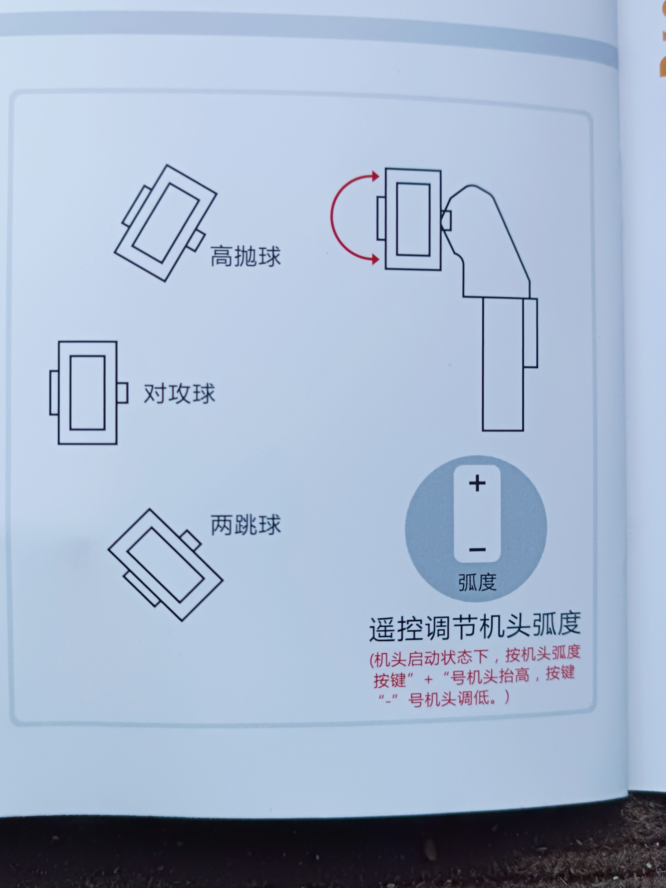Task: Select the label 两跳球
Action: click(245, 524)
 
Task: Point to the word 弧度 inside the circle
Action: click(477, 582)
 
